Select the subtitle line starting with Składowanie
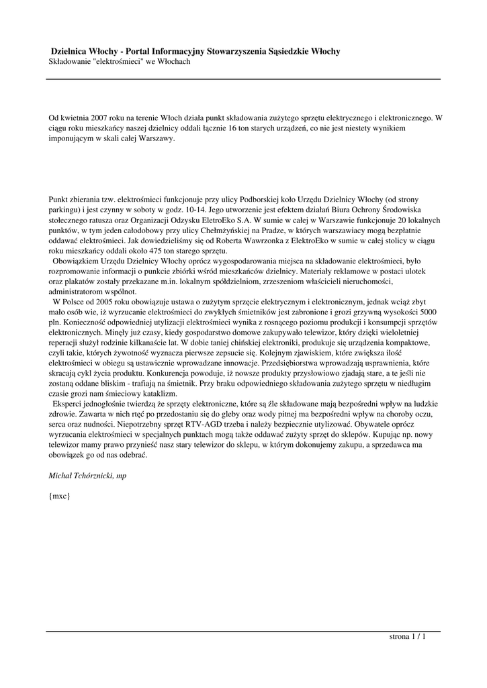120,61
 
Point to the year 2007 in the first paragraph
100,117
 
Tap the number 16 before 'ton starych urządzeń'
233,128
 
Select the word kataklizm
159,392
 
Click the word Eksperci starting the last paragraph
69,403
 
